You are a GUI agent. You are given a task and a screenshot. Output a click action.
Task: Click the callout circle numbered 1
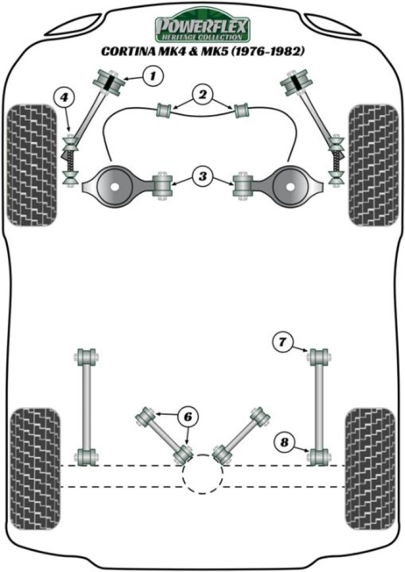152,75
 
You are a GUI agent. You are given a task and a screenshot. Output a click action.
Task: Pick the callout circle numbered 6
187,417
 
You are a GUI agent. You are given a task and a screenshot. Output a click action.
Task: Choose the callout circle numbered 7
283,341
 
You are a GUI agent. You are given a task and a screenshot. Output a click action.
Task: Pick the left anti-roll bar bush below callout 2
164,109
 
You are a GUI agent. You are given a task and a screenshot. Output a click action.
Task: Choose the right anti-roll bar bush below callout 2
242,109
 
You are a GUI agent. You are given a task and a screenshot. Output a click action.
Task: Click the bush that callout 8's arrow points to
318,456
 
